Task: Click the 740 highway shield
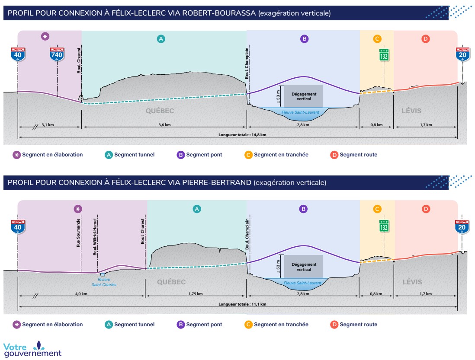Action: (57, 54)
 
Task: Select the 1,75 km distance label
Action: (196, 294)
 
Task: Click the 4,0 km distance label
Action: (81, 294)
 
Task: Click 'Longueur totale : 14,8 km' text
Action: (242, 135)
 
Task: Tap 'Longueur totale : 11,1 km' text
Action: (242, 304)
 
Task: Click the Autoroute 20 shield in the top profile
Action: (462, 54)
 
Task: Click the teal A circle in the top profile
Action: (161, 39)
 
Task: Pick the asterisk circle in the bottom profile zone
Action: (78, 209)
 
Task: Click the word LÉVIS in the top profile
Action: (411, 111)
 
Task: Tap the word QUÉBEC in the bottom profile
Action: (171, 282)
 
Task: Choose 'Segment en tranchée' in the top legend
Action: (281, 155)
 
